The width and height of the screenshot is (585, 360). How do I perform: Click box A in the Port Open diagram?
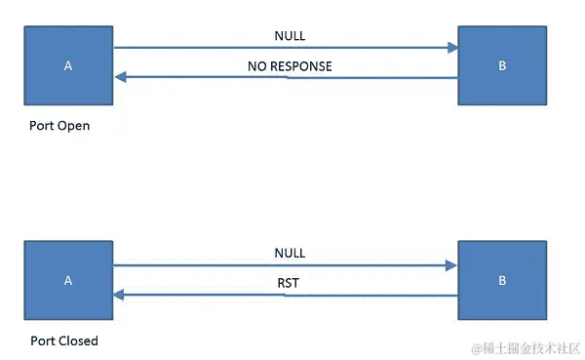point(68,65)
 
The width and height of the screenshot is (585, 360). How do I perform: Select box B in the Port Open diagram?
point(502,65)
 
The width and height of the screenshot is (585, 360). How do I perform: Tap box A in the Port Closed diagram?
point(68,280)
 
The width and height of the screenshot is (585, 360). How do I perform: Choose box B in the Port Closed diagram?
point(502,280)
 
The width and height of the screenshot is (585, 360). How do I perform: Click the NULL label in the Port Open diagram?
point(290,37)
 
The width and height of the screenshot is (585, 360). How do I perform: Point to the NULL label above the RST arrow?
point(290,253)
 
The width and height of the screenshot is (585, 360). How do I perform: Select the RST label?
point(290,284)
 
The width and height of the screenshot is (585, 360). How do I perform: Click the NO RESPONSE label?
point(290,67)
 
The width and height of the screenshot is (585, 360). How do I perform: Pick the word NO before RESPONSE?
point(256,67)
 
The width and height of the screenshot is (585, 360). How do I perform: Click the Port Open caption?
point(59,126)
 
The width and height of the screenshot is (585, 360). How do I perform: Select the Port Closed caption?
point(63,340)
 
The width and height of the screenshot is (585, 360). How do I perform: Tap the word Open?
point(74,126)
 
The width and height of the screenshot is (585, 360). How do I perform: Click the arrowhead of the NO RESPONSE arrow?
point(121,78)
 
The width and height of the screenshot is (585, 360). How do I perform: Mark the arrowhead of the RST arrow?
point(121,294)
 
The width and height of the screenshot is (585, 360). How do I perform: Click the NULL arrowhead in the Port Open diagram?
point(451,47)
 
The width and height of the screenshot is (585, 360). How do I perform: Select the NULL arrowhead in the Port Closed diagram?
point(451,263)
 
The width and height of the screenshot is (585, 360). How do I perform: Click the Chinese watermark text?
point(532,347)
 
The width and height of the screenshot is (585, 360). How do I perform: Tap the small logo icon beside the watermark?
point(479,347)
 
